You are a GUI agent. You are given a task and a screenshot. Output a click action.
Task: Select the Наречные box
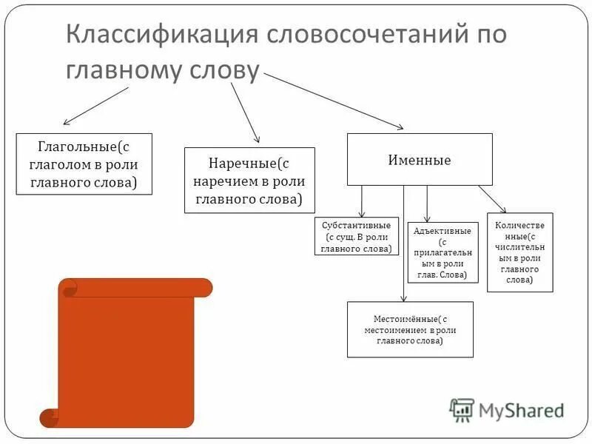[249, 180]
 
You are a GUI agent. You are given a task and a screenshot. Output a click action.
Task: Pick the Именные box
[420, 159]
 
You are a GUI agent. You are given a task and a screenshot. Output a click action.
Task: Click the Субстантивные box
[357, 237]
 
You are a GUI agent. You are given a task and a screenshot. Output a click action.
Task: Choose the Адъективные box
[443, 252]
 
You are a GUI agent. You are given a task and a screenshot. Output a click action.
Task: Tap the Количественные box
[519, 252]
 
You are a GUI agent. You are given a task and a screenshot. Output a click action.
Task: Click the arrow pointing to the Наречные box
[246, 112]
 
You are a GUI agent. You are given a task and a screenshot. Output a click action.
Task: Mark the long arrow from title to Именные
[333, 101]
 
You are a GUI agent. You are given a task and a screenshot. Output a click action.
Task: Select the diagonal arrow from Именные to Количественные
[491, 199]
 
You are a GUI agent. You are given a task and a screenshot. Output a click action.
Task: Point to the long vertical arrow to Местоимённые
[403, 244]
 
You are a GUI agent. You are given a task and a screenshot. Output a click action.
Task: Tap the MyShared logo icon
[462, 409]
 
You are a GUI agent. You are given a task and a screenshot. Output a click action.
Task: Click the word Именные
[420, 160]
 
